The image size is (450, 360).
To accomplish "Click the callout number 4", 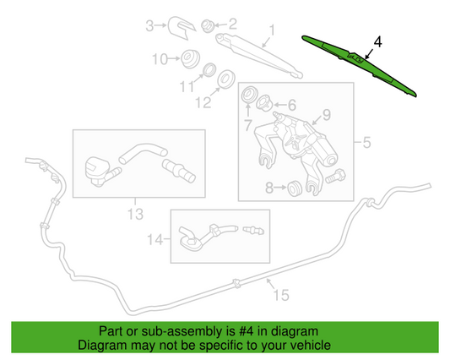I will tap(377, 40).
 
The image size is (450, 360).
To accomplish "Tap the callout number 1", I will tap(272, 34).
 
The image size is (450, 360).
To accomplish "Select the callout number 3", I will tap(149, 25).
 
